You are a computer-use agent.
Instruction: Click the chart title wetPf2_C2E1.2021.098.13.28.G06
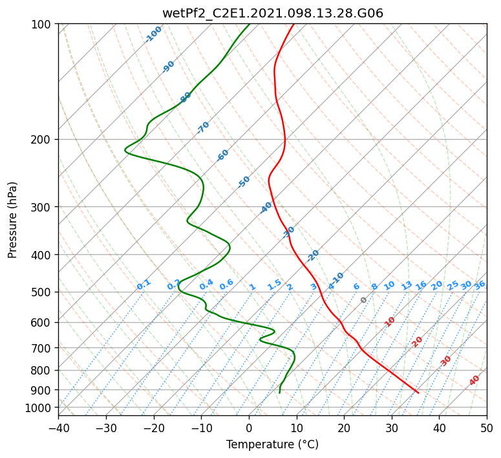[273, 13]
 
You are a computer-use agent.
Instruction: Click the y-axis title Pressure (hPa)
[12, 220]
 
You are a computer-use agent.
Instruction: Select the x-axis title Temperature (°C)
[273, 444]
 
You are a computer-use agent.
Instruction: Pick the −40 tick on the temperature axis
[58, 428]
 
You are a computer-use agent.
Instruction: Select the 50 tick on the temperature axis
[487, 428]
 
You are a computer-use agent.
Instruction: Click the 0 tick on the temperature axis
[250, 428]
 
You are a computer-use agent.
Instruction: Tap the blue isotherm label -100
[153, 34]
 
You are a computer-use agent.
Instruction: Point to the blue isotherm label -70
[203, 127]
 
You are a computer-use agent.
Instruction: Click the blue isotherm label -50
[244, 182]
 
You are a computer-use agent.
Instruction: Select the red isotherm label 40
[474, 380]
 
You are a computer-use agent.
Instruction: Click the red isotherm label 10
[390, 322]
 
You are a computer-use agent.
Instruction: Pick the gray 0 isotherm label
[363, 300]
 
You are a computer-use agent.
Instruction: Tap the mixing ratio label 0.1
[144, 285]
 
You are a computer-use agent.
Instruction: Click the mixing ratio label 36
[480, 285]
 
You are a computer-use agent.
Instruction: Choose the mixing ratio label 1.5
[275, 285]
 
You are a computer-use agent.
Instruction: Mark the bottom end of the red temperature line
[418, 393]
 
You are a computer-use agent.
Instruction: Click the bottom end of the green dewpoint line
[279, 393]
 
